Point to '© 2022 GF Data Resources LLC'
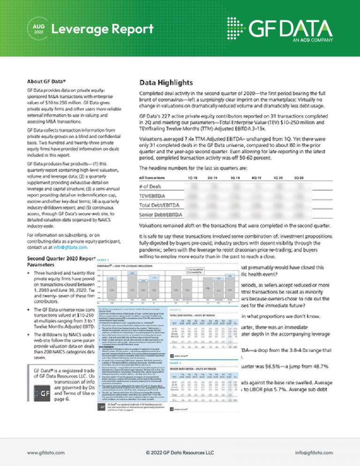tap(180, 452)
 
